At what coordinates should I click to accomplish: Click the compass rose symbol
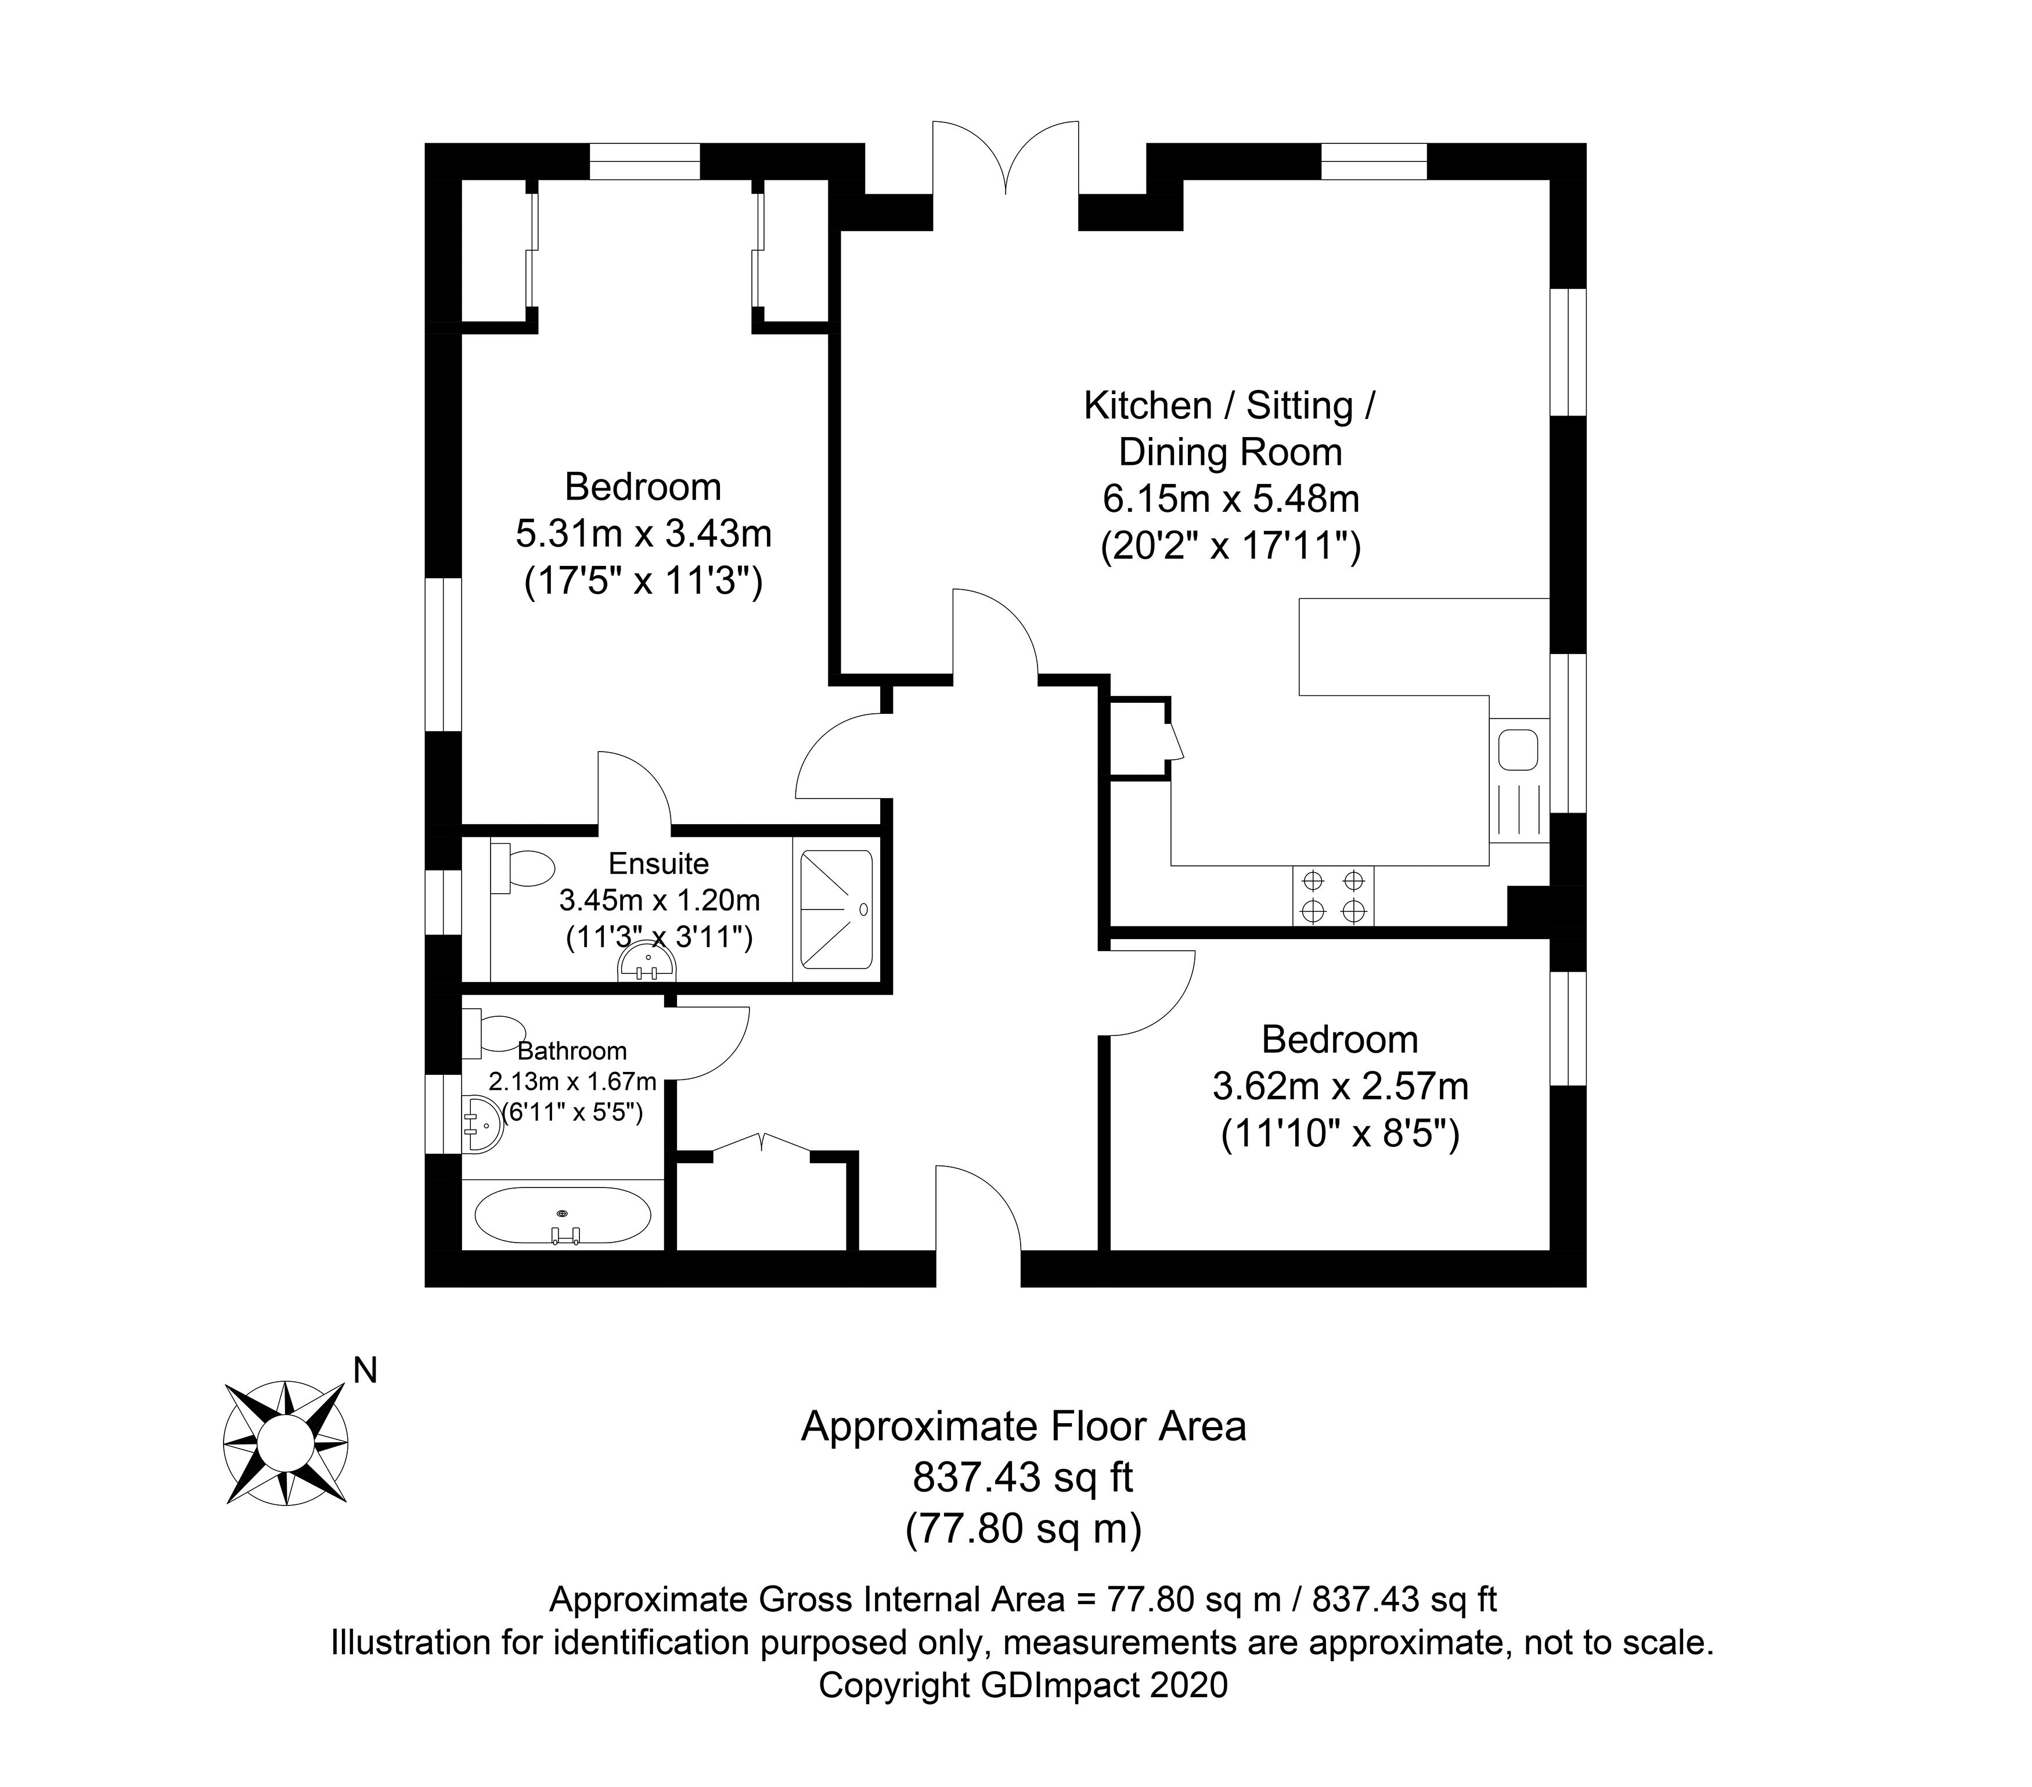(285, 1442)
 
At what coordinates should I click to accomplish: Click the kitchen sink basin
(1518, 749)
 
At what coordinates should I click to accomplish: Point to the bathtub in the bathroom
(563, 1215)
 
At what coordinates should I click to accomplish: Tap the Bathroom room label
(572, 1050)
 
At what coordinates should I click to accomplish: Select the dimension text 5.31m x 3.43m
(643, 534)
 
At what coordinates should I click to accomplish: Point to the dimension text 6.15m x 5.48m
(1231, 498)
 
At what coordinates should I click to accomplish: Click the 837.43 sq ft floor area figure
(1023, 1478)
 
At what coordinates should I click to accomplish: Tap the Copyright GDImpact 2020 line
(1023, 1685)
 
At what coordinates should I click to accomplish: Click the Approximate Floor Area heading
(1023, 1426)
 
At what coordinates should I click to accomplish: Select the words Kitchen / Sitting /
(1230, 406)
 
